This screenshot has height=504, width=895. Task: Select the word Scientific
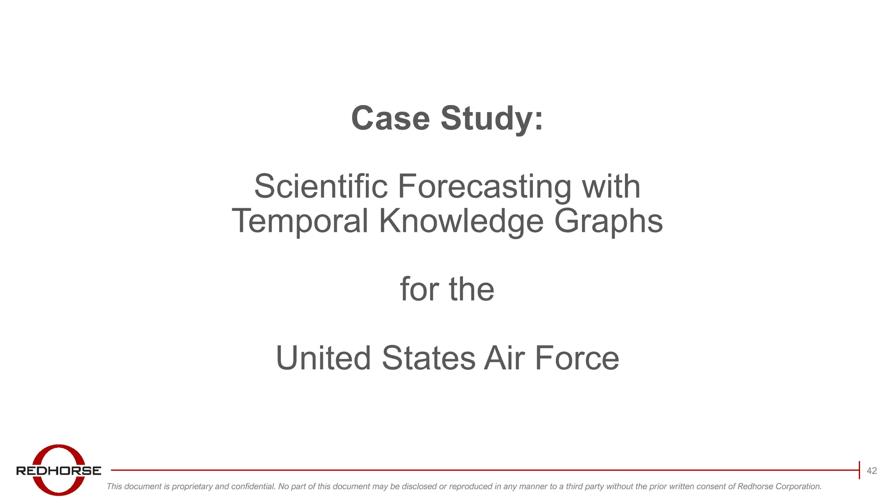coord(321,186)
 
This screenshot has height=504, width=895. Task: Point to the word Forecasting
coord(484,187)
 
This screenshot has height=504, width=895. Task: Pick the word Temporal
coord(300,221)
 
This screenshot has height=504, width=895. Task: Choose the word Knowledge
coord(461,221)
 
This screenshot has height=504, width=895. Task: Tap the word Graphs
coord(608,221)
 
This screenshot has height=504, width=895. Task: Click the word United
coord(323,358)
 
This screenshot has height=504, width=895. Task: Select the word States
coord(428,358)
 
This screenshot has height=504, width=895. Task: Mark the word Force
coord(577,358)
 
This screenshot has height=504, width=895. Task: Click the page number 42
coord(871,471)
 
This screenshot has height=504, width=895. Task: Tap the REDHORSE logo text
coord(59,471)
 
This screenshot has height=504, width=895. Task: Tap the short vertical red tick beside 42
coord(859,470)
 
